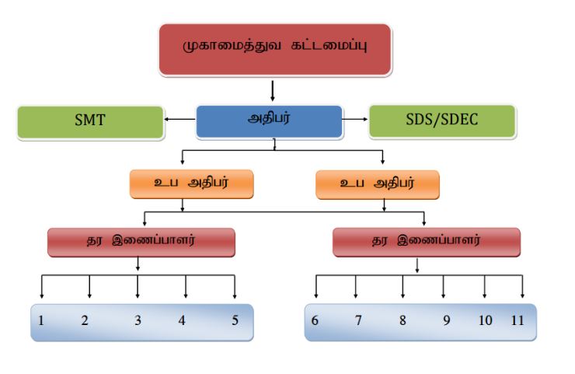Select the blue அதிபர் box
coord(268,121)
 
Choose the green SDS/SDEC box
coord(441,121)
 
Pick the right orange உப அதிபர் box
coord(378,185)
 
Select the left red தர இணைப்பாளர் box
coord(141,241)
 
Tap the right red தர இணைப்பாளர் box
coord(426,241)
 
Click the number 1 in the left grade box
coord(40,320)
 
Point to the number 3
coord(138,320)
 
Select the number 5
coord(235,320)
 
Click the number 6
coord(315,320)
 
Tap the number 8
coord(402,320)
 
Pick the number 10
coord(486,320)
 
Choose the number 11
coord(518,320)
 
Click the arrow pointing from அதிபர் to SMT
coord(178,120)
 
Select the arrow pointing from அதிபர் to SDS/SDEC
coord(356,120)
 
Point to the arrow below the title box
coord(273,89)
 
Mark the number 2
coord(85,320)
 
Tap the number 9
coord(446,320)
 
